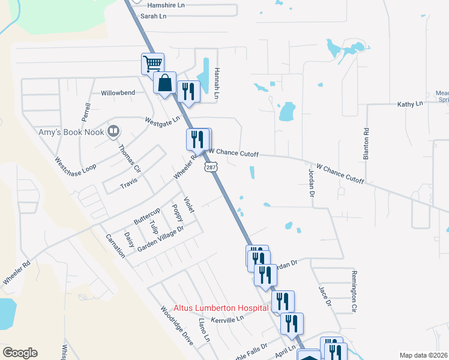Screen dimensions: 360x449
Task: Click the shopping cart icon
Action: [153, 63]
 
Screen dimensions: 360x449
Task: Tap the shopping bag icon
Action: [164, 83]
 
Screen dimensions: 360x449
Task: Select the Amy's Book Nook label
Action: [71, 132]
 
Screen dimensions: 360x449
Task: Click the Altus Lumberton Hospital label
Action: [221, 307]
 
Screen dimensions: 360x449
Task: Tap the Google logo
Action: [20, 353]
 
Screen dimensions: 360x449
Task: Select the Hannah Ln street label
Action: [218, 83]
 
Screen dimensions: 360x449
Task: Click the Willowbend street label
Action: [118, 93]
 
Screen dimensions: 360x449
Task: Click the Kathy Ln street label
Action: [410, 104]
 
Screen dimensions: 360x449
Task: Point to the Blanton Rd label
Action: [366, 144]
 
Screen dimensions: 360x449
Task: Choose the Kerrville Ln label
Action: [228, 319]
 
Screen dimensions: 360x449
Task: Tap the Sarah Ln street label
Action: [153, 16]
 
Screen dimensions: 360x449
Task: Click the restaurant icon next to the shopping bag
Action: [189, 91]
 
